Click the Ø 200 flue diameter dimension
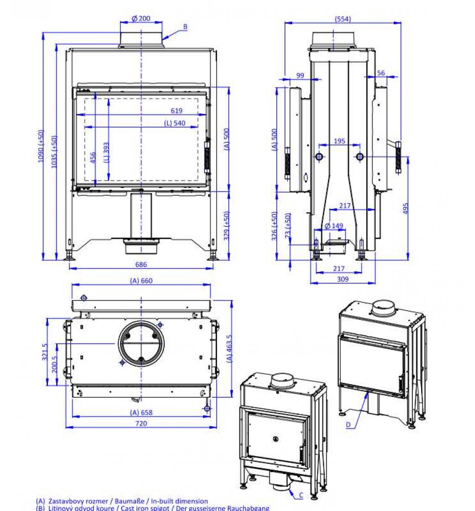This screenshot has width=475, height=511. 141,19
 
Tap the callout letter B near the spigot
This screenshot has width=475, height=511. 185,27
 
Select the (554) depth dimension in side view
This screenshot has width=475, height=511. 343,19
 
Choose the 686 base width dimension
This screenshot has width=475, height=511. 141,264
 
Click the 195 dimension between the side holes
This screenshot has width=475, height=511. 339,141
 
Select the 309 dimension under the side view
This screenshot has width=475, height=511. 342,279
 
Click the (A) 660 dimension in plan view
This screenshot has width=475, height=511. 141,281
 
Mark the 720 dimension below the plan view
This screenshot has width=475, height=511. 141,423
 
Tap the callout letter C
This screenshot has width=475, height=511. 301,495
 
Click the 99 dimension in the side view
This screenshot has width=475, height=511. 300,75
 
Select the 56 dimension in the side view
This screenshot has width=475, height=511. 381,73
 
